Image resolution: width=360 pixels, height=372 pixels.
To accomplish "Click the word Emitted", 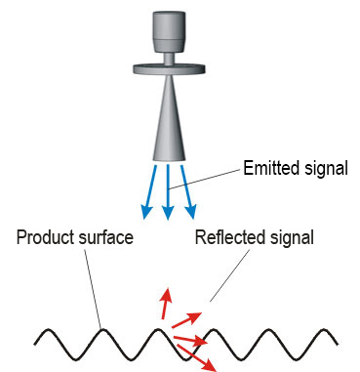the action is pyautogui.click(x=272, y=168).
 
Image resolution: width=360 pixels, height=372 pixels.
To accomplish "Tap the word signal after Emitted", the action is pyautogui.click(x=327, y=170).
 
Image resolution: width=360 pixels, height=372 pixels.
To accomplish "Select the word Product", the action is pyautogui.click(x=43, y=237).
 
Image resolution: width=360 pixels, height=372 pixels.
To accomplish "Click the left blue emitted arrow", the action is pyautogui.click(x=150, y=192).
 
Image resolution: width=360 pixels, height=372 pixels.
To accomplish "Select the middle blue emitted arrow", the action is pyautogui.click(x=168, y=192).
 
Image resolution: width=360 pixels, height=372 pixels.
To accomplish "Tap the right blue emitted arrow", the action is pyautogui.click(x=187, y=192).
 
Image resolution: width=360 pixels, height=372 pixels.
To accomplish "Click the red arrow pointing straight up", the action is pyautogui.click(x=166, y=304).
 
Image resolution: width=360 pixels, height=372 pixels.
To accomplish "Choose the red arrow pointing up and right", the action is pyautogui.click(x=186, y=319).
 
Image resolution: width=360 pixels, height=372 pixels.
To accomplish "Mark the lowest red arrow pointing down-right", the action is pyautogui.click(x=196, y=357).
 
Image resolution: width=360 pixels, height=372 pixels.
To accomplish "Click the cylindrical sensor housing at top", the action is pyautogui.click(x=169, y=31).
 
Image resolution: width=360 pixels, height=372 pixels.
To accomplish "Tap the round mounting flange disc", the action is pyautogui.click(x=169, y=68).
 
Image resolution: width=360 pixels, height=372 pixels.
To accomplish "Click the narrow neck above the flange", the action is pyautogui.click(x=169, y=58).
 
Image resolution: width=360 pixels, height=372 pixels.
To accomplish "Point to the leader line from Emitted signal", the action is pyautogui.click(x=206, y=179).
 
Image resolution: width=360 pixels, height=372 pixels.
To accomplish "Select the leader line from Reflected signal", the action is pyautogui.click(x=230, y=275).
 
